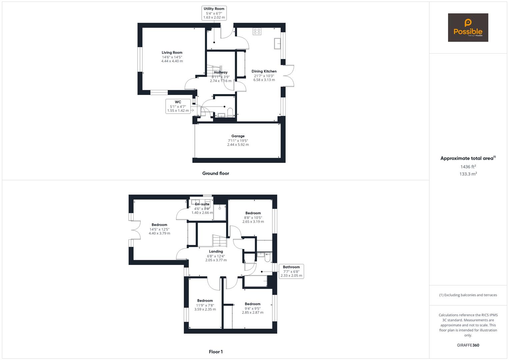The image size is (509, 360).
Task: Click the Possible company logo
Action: coord(468,28)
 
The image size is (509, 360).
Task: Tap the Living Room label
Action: coord(172,53)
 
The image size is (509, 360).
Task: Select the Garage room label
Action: coord(238,136)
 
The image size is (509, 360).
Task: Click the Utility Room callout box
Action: coord(214,13)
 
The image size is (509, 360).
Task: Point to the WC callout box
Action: coord(178,106)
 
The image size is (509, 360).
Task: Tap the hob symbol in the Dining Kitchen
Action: coord(257,31)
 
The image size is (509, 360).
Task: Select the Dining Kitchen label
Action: coord(264,71)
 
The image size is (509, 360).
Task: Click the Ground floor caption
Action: coord(216,173)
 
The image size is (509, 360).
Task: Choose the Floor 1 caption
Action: coord(216,352)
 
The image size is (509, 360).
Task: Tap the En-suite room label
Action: coord(202,204)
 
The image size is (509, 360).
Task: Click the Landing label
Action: coord(216,252)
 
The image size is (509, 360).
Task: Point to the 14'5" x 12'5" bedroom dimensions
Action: coord(159,229)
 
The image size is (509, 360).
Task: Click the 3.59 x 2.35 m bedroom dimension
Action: coord(205,309)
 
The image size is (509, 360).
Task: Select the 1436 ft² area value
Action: coord(468,167)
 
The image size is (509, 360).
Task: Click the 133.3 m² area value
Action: coord(468,174)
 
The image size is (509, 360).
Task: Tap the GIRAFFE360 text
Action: coord(468,345)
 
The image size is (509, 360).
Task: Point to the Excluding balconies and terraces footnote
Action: coord(468,295)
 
